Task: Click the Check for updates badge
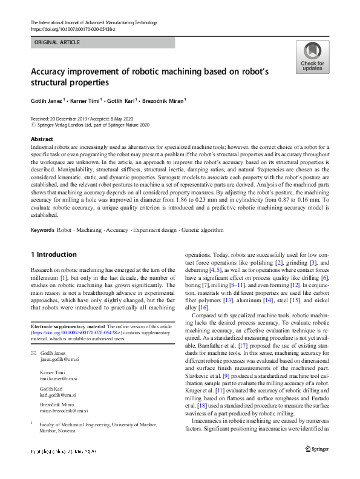pyautogui.click(x=312, y=58)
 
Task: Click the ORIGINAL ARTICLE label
pyautogui.click(x=57, y=42)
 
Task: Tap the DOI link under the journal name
pyautogui.click(x=73, y=28)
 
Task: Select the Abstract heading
pyautogui.click(x=41, y=139)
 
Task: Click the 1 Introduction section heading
pyautogui.click(x=54, y=254)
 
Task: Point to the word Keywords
pyautogui.click(x=42, y=230)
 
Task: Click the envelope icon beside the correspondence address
pyautogui.click(x=34, y=353)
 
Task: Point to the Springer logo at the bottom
pyautogui.click(x=316, y=449)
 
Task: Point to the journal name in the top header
pyautogui.click(x=93, y=22)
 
